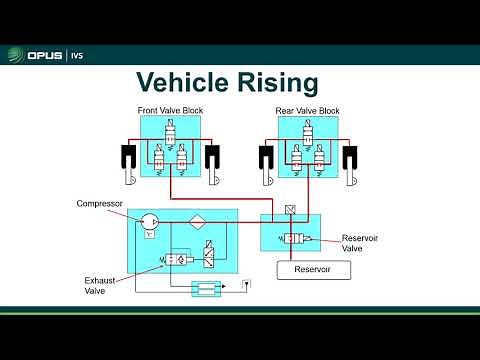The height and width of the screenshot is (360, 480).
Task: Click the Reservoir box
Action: coord(311,271)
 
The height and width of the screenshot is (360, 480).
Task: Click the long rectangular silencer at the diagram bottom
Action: coord(206,289)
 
